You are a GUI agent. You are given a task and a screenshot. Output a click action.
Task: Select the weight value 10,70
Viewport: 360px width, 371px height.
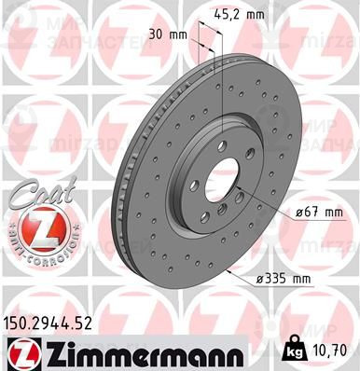click(333, 351)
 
